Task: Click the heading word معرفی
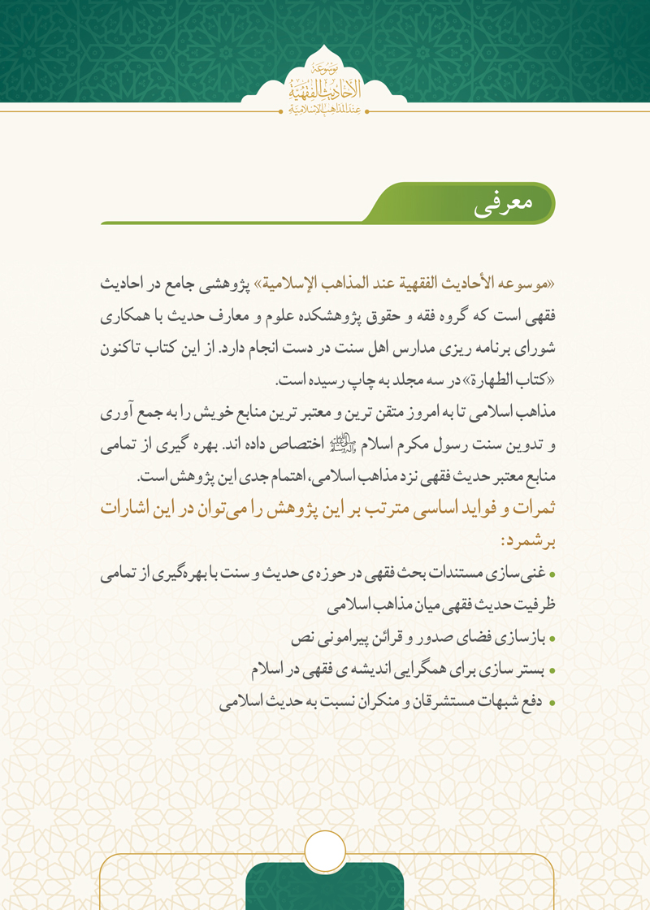(502, 205)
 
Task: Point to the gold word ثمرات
(531, 507)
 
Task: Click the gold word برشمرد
(529, 539)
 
